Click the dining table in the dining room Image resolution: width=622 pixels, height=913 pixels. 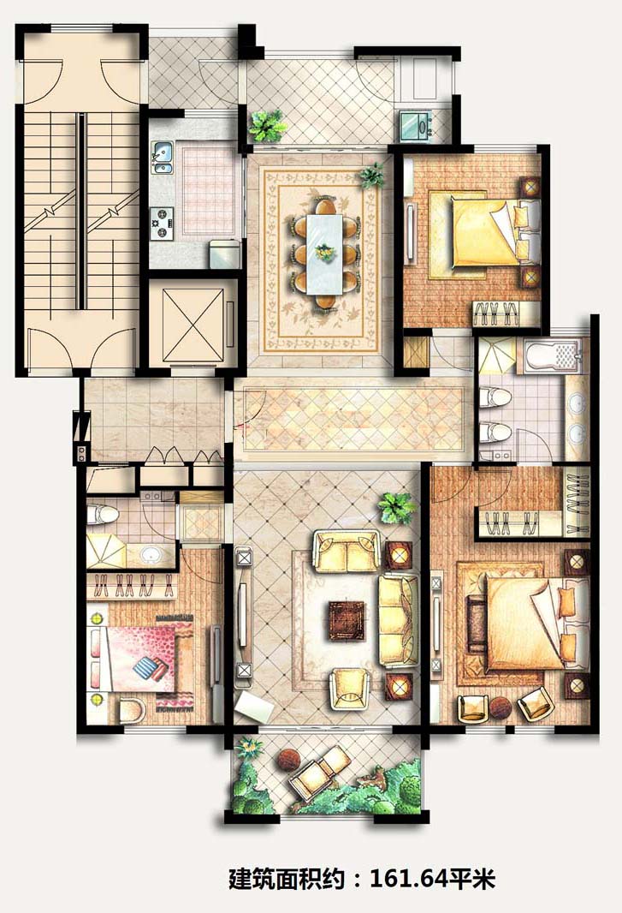(x=324, y=254)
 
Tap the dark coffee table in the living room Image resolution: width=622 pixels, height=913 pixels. (x=347, y=621)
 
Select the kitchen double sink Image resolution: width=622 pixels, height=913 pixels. (x=163, y=158)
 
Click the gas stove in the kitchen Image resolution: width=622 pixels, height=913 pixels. (x=160, y=224)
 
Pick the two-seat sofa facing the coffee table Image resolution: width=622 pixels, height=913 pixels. (x=347, y=551)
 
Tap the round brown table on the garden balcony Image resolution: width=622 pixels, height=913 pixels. (x=288, y=760)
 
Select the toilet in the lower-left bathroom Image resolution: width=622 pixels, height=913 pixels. (x=103, y=515)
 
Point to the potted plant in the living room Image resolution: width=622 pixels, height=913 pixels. (x=397, y=507)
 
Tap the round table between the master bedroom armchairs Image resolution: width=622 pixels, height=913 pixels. (x=500, y=707)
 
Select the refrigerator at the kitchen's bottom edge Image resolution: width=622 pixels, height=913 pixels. (x=225, y=254)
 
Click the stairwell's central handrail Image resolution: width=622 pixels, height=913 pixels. (x=81, y=211)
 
